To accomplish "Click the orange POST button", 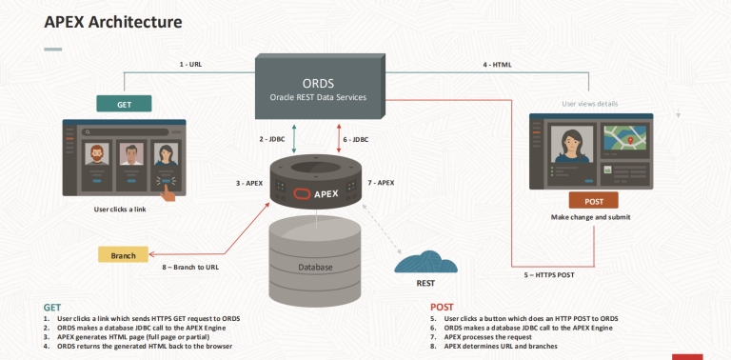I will click(x=593, y=200).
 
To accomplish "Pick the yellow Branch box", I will click(x=124, y=254).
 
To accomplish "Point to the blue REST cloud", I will click(x=426, y=261).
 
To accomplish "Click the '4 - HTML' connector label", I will click(x=498, y=64).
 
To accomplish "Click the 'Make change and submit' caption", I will click(x=592, y=217).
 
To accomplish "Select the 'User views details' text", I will click(x=595, y=102).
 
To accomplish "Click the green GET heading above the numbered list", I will click(x=52, y=308).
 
